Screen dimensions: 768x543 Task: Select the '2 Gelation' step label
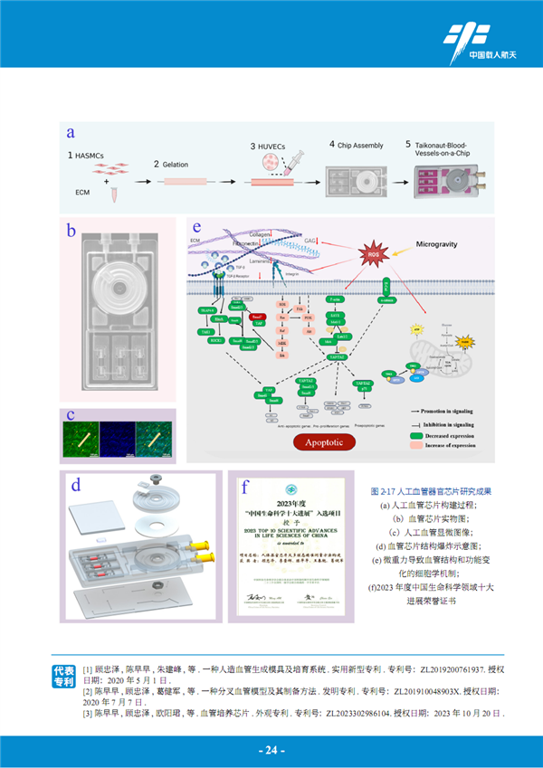coord(169,164)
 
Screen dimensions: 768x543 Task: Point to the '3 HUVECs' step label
coord(271,145)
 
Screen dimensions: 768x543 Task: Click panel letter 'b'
coord(71,231)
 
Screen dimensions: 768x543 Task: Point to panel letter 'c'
coord(71,415)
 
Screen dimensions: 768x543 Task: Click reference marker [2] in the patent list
coord(88,690)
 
